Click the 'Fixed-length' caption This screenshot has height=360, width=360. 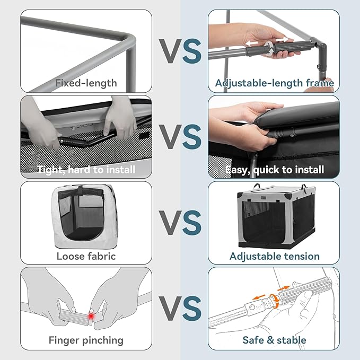click(x=86, y=83)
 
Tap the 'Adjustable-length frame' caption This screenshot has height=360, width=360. click(x=274, y=83)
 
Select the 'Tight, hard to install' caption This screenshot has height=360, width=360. click(x=86, y=170)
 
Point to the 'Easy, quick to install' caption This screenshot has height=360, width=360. click(x=275, y=170)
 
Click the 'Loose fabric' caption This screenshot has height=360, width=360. click(x=86, y=256)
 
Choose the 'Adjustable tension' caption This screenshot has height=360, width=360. click(x=274, y=256)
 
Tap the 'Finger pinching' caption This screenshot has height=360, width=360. click(x=86, y=340)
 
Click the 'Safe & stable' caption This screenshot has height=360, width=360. click(x=274, y=340)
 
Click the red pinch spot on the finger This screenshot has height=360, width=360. click(x=91, y=317)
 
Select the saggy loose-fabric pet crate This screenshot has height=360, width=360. click(x=84, y=216)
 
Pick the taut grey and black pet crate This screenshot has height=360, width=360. click(x=277, y=216)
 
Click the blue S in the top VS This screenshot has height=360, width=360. click(x=192, y=51)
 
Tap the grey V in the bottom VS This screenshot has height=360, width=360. click(x=171, y=309)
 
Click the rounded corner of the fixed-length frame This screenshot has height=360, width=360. click(x=130, y=39)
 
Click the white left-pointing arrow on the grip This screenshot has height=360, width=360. click(x=251, y=43)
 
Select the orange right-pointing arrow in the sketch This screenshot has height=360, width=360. click(x=284, y=287)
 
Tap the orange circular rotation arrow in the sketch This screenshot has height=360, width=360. click(x=274, y=301)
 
